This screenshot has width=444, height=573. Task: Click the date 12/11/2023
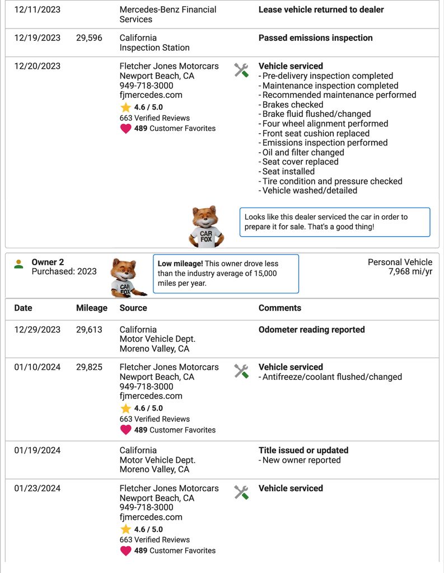tap(37, 10)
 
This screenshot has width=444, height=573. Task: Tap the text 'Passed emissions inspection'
tap(315, 38)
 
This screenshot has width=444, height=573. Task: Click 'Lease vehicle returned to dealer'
tap(321, 10)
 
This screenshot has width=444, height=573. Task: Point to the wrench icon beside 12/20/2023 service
tap(241, 70)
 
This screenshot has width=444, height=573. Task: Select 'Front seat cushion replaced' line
tap(316, 133)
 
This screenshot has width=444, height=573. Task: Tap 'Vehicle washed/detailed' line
tap(310, 190)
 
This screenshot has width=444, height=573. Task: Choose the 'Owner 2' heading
tap(48, 262)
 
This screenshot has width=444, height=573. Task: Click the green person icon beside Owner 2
tap(19, 264)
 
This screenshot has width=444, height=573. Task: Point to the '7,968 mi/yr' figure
tap(410, 271)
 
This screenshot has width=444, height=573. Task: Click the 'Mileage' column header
tap(91, 308)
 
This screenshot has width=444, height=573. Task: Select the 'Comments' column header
tap(279, 308)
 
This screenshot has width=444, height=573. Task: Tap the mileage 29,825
tap(89, 367)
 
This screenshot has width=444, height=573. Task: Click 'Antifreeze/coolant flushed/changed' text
tap(332, 377)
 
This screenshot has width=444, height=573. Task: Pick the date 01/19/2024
tap(37, 450)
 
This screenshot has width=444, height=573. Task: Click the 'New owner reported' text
tap(301, 460)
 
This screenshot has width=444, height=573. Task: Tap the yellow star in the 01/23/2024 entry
tap(125, 529)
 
